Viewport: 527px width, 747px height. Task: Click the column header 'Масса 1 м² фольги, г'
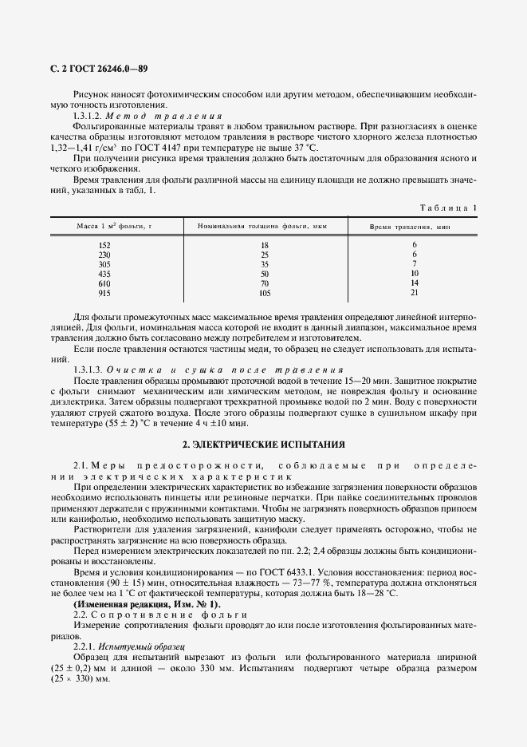pos(114,227)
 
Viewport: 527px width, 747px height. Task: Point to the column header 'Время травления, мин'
pos(410,227)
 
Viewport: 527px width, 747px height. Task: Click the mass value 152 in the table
pos(104,244)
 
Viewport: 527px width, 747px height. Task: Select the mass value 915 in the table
pos(104,292)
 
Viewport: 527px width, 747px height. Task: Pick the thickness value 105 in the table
pos(265,292)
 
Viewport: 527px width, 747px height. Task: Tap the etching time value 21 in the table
pos(415,292)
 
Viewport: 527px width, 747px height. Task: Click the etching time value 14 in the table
pos(415,283)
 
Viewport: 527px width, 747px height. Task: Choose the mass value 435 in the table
pos(104,273)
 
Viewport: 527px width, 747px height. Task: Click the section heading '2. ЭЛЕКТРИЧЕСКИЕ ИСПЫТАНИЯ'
pos(263,443)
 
